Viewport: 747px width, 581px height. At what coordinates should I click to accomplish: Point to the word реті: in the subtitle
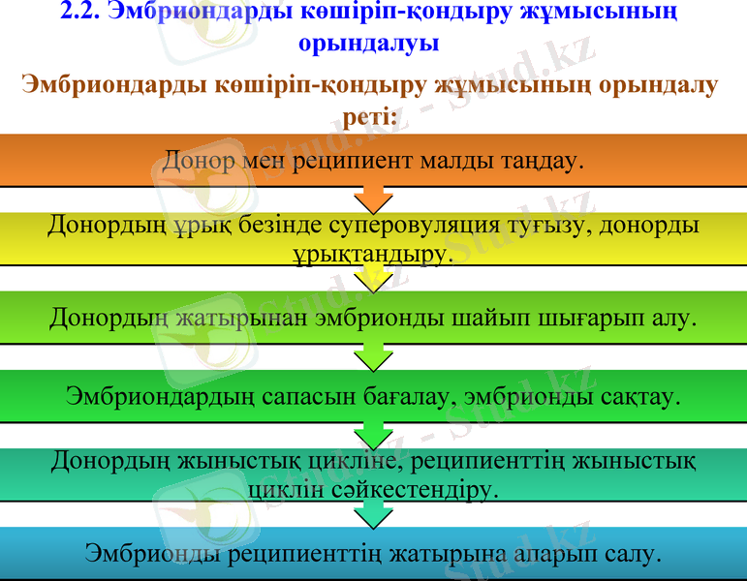[373, 116]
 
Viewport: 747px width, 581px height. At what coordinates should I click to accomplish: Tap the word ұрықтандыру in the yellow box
[370, 254]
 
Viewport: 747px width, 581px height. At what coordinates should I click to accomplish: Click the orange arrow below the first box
[373, 199]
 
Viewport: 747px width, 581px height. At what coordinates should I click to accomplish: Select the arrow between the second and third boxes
[373, 278]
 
